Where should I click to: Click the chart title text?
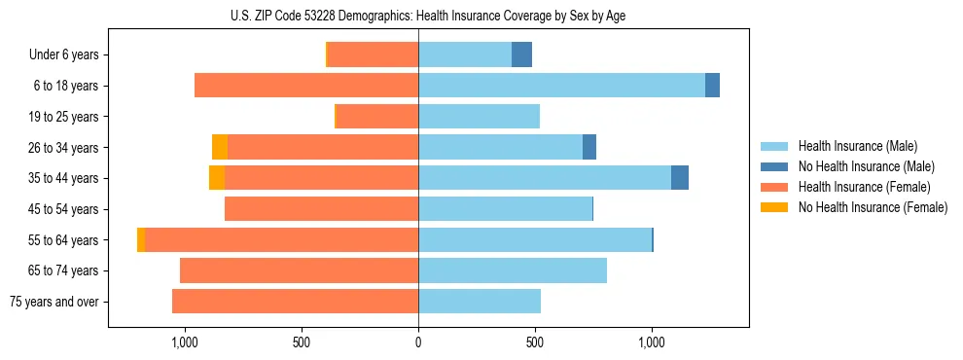tap(427, 16)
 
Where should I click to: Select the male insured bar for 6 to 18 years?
tap(561, 86)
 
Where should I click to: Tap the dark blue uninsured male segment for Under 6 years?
tap(521, 54)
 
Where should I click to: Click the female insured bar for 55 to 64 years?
tap(281, 240)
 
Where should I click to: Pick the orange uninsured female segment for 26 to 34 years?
tap(220, 147)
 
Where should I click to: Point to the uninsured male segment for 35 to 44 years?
tap(680, 178)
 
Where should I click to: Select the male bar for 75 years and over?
tap(480, 302)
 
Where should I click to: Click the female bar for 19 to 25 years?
tap(377, 117)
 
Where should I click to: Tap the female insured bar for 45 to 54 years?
tap(321, 209)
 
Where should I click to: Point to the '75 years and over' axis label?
tap(54, 302)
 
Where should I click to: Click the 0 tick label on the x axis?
tap(418, 342)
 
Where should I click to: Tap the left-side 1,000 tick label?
tap(184, 342)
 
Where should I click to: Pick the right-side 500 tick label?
tap(534, 342)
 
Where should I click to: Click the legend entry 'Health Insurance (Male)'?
tap(857, 146)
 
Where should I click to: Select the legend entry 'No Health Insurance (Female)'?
tap(873, 207)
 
